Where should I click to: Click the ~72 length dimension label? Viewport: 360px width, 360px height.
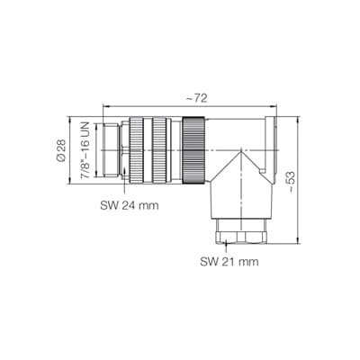197,99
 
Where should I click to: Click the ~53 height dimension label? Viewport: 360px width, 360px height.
291,182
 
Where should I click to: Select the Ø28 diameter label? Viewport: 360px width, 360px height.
60,151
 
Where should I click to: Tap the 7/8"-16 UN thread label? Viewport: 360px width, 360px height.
85,150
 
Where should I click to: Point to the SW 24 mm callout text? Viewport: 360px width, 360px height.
130,205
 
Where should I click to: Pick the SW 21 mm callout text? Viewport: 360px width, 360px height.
229,262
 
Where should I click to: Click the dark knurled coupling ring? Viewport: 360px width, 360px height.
193,150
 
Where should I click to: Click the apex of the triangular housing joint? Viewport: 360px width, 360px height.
241,151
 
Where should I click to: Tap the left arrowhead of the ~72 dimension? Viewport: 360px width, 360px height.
105,105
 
